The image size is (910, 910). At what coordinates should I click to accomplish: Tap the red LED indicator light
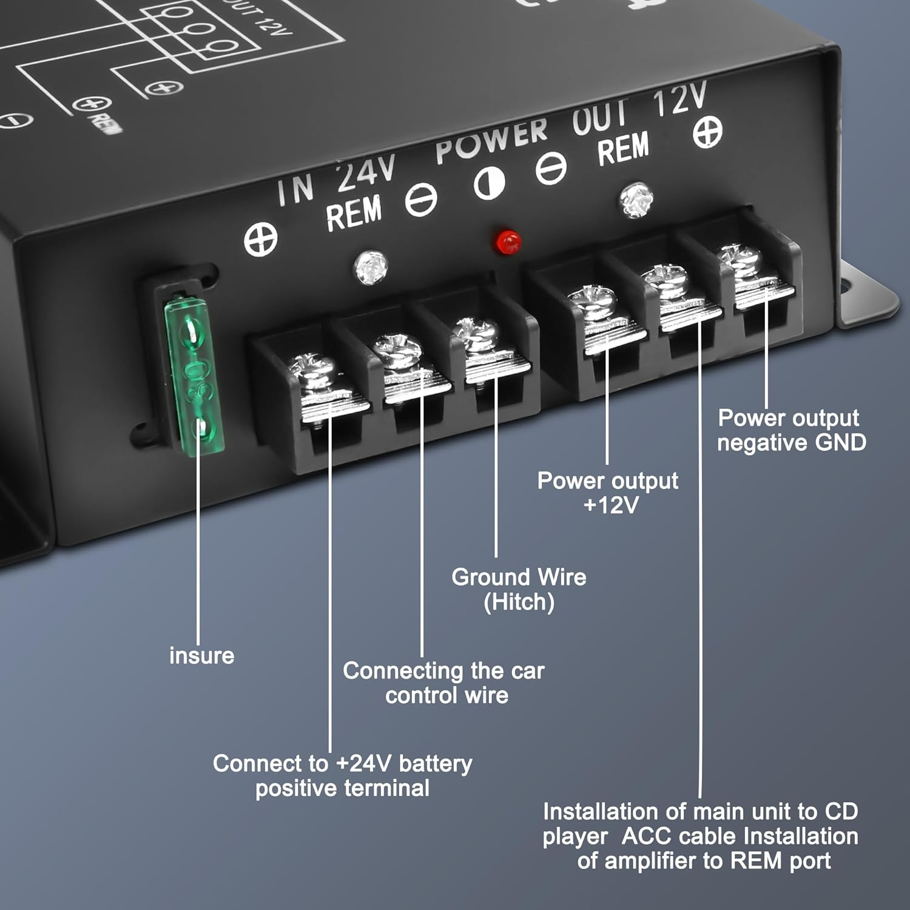pyautogui.click(x=508, y=242)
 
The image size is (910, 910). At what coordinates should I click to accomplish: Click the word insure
pyautogui.click(x=201, y=656)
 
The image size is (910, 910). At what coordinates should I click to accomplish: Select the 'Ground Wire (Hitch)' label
pyautogui.click(x=519, y=589)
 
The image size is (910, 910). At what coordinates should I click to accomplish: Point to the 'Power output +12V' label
pyautogui.click(x=608, y=493)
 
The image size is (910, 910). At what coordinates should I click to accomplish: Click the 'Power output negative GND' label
pyautogui.click(x=791, y=430)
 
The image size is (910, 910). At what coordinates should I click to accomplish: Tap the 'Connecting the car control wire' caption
pyautogui.click(x=443, y=682)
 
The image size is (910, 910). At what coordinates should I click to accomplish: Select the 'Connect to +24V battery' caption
pyautogui.click(x=342, y=775)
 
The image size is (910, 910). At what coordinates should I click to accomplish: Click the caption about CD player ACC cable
pyautogui.click(x=701, y=836)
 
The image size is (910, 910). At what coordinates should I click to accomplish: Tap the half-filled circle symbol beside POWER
pyautogui.click(x=489, y=183)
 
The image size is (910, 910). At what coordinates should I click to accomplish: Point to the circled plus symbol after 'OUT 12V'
pyautogui.click(x=707, y=132)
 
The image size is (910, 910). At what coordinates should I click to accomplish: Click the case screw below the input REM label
pyautogui.click(x=371, y=267)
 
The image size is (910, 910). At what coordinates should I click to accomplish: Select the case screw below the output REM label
pyautogui.click(x=635, y=199)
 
